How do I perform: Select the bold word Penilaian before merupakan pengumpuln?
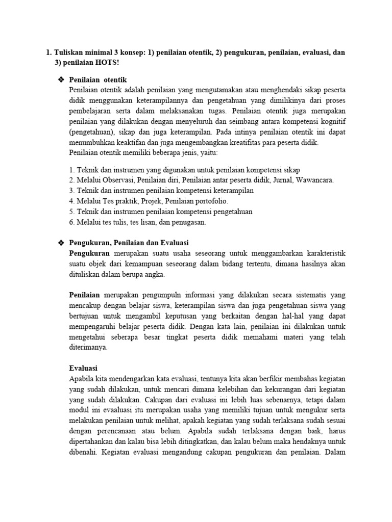click(85, 295)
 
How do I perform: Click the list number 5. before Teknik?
click(72, 211)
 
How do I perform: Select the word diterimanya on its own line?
click(88, 347)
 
